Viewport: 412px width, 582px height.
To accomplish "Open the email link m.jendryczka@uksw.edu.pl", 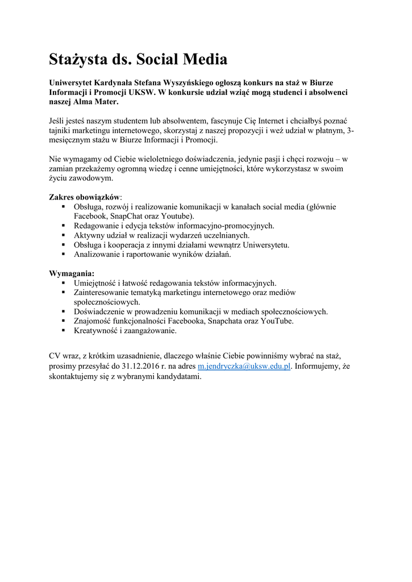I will click(244, 367).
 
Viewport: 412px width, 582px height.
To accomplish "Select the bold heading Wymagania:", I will click(72, 273).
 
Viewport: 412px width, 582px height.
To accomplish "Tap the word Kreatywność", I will click(95, 330).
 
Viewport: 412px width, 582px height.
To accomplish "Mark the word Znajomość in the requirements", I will click(93, 321).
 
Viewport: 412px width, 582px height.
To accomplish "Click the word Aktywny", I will click(89, 235).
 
